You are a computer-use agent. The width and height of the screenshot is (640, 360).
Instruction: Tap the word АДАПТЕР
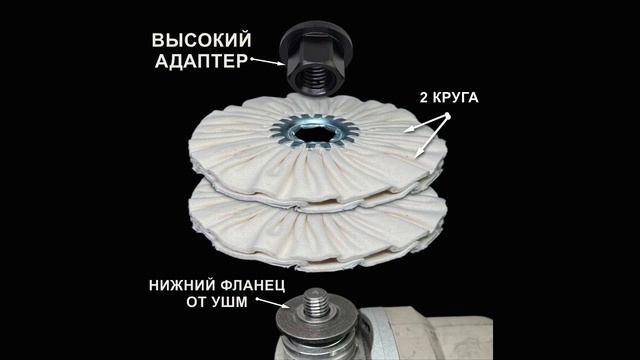pos(200,62)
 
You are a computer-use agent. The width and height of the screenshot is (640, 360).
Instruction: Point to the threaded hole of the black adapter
pos(312,72)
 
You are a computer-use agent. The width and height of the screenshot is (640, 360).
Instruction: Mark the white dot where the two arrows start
pos(448,116)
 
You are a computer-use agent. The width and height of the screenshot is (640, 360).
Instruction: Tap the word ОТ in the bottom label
pos(196,303)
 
